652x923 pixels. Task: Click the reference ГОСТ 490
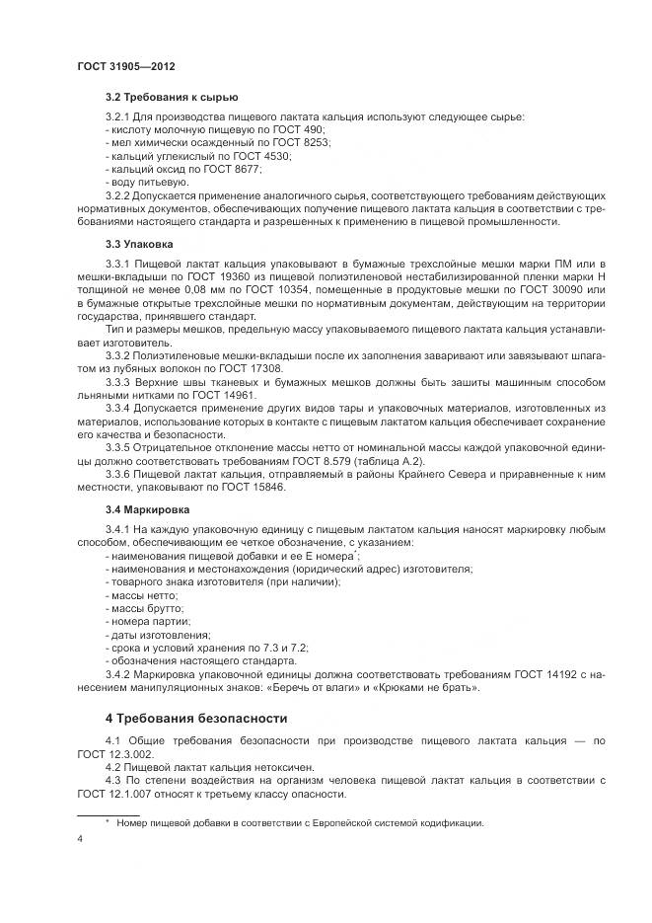click(x=301, y=130)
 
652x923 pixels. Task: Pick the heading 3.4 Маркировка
click(x=148, y=510)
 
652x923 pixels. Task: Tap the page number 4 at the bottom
click(x=80, y=840)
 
